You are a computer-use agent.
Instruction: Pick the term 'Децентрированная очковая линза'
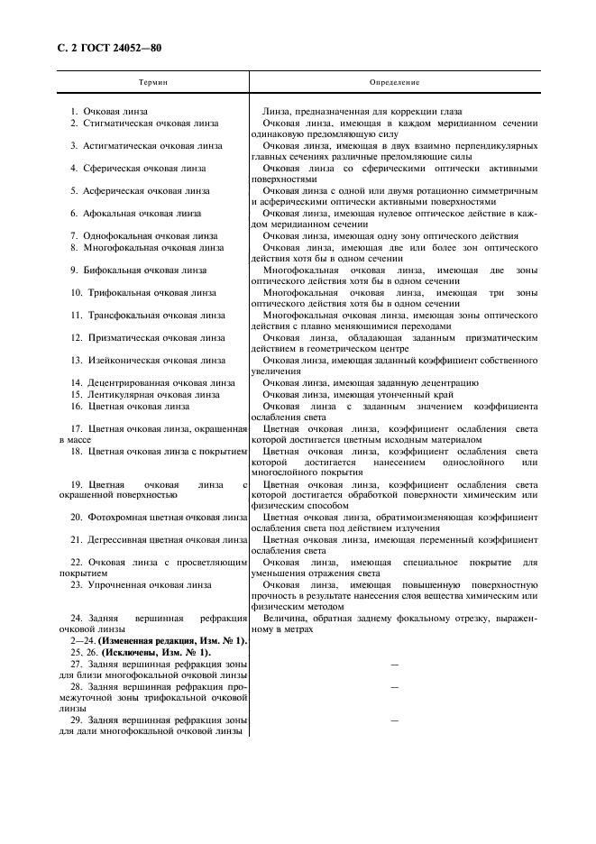(160, 382)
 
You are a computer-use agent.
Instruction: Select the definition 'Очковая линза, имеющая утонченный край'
(358, 394)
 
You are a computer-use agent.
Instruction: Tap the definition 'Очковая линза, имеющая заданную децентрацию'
(365, 382)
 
